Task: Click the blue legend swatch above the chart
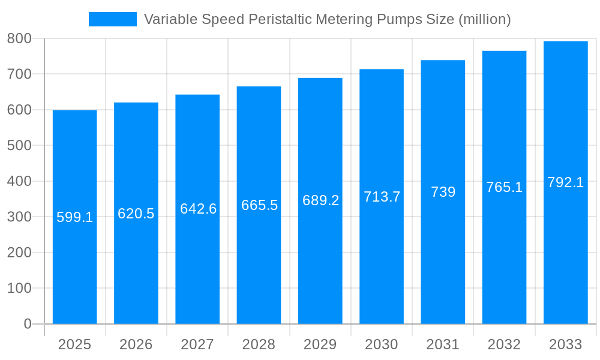[x=112, y=19]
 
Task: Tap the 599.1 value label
[x=75, y=217]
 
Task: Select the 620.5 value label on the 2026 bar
[x=136, y=214]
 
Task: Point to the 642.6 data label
[x=198, y=209]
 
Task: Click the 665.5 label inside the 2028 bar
[x=259, y=205]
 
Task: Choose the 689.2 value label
[x=320, y=201]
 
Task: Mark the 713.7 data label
[x=382, y=197]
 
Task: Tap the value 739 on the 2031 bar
[x=443, y=192]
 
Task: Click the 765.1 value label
[x=504, y=187]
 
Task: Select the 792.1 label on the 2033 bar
[x=565, y=182]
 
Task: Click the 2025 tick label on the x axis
[x=75, y=344]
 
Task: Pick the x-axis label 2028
[x=259, y=344]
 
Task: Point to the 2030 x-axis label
[x=382, y=344]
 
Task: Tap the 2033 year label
[x=565, y=344]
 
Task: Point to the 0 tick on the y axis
[x=27, y=324]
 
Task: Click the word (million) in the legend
[x=484, y=19]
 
